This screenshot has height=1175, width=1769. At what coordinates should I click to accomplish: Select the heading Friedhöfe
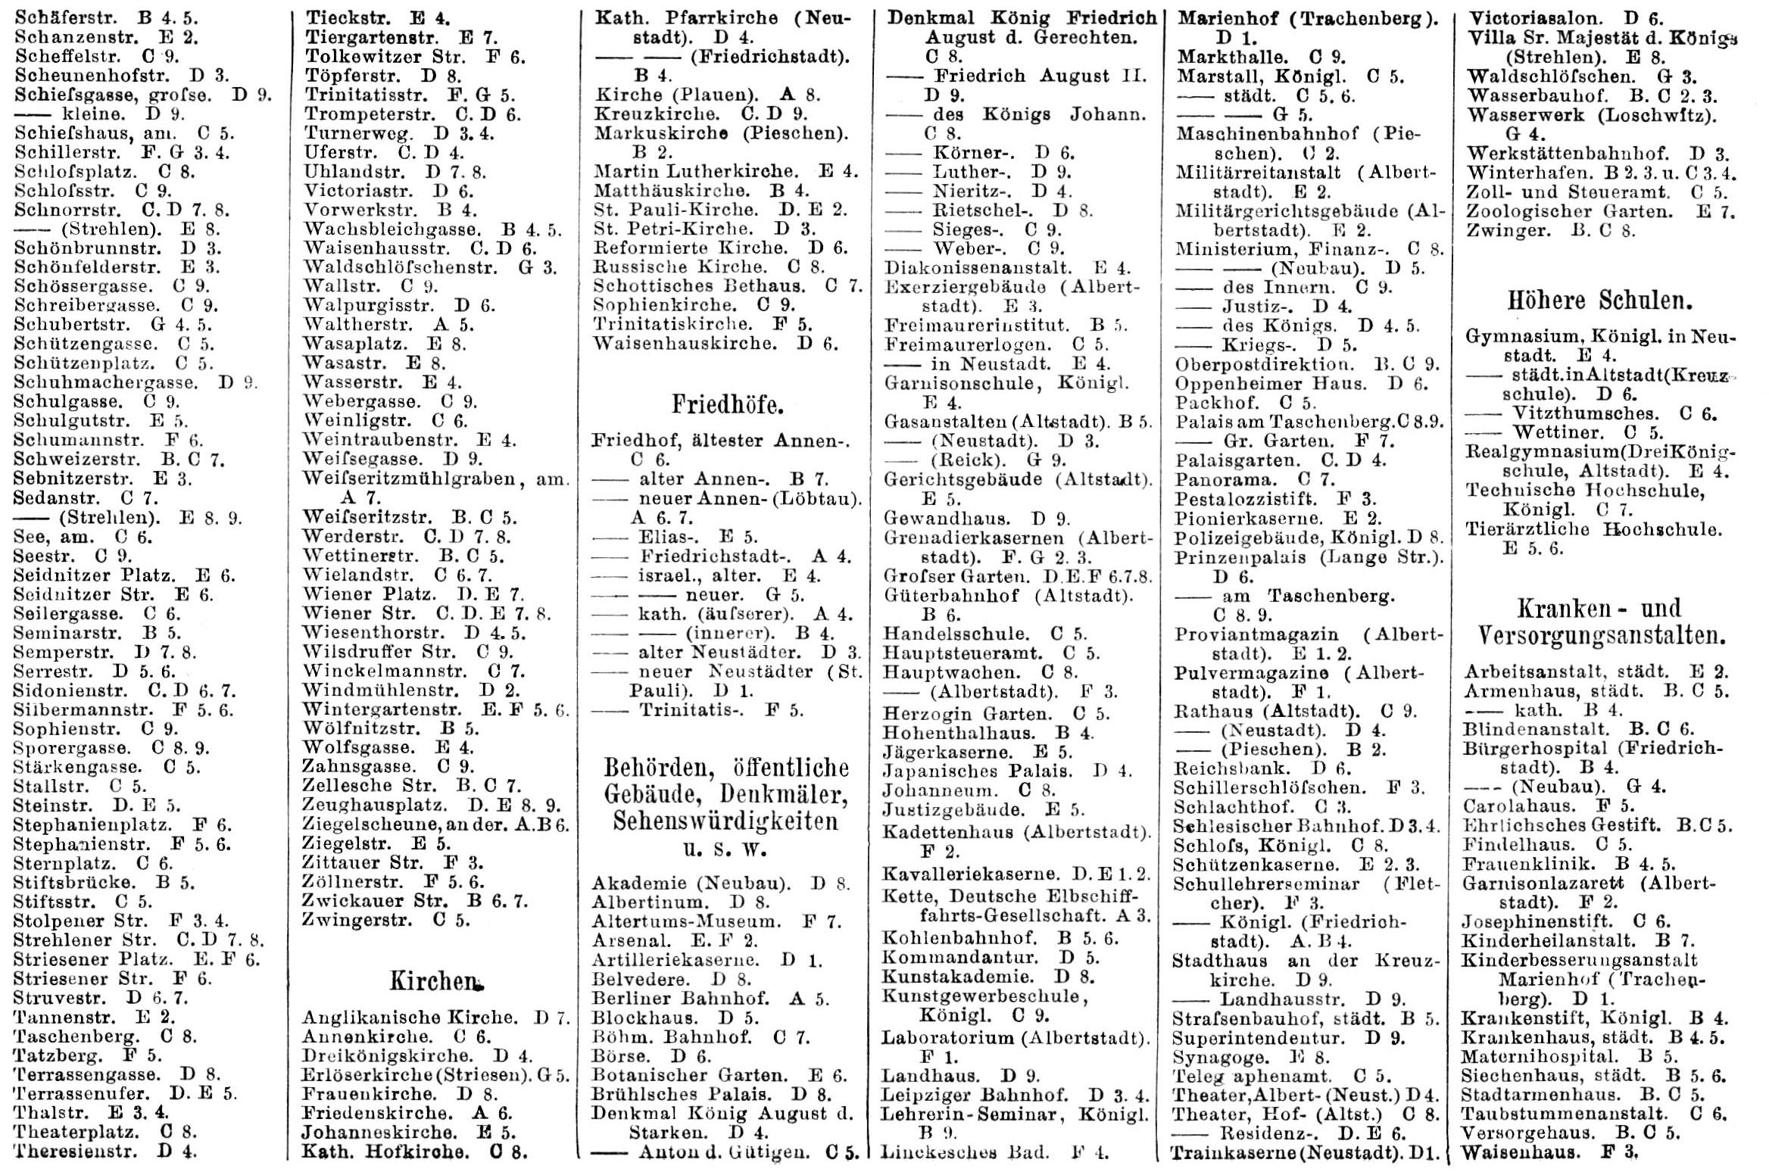click(x=727, y=405)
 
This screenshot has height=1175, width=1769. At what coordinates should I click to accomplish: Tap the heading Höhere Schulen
click(x=1599, y=301)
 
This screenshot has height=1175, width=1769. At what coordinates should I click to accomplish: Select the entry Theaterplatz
click(x=76, y=1133)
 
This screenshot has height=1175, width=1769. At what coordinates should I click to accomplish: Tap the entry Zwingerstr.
click(x=357, y=921)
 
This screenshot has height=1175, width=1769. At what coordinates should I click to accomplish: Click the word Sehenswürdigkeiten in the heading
click(x=725, y=821)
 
